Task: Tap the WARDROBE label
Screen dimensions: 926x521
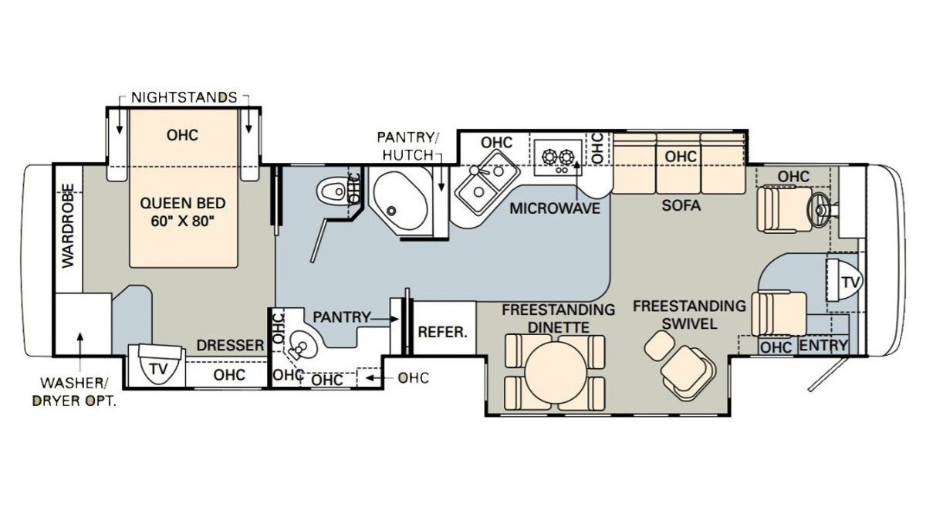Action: pos(68,225)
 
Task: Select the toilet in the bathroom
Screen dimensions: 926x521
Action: pos(332,191)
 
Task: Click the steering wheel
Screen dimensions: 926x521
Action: pos(820,210)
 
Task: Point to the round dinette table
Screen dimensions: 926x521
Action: pos(556,370)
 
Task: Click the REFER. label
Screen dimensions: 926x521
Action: pos(442,332)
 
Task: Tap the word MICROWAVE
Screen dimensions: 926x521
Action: pos(555,208)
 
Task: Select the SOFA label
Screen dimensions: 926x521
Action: pos(681,205)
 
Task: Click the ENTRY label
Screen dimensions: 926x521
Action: pos(823,346)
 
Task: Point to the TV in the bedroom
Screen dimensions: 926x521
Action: pos(159,364)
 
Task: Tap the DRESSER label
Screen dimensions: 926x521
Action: pos(230,345)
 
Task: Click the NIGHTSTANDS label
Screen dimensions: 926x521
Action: pos(184,97)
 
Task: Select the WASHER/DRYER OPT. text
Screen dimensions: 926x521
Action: pos(74,392)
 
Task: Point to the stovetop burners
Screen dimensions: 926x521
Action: pos(558,157)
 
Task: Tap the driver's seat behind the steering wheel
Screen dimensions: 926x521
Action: pos(784,209)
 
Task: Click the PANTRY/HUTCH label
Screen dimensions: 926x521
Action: pos(407,146)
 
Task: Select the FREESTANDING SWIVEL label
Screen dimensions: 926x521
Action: pos(689,315)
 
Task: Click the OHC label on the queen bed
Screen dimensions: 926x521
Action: pos(182,135)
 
